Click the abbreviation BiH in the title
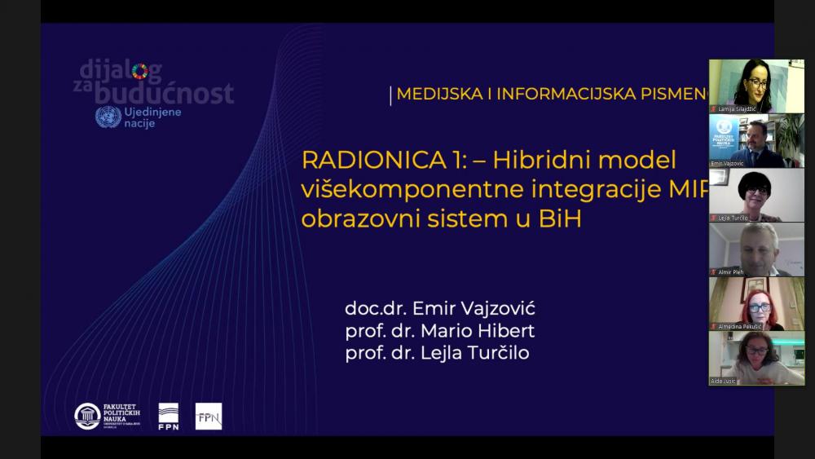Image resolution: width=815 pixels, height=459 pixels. pyautogui.click(x=559, y=219)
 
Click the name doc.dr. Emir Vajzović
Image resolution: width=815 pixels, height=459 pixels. pyautogui.click(x=440, y=309)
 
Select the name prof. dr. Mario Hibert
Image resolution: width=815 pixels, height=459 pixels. pyautogui.click(x=440, y=331)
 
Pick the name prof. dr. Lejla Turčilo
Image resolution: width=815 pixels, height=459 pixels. pyautogui.click(x=437, y=353)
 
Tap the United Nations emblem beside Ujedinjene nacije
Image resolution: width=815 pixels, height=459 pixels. pyautogui.click(x=108, y=117)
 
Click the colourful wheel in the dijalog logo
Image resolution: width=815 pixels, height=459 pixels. pyautogui.click(x=140, y=72)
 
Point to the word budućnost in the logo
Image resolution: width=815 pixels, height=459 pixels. pyautogui.click(x=164, y=94)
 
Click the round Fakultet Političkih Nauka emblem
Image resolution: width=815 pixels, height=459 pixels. pyautogui.click(x=87, y=416)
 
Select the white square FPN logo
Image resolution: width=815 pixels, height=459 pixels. pyautogui.click(x=209, y=416)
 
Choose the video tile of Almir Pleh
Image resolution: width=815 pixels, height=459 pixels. pyautogui.click(x=756, y=248)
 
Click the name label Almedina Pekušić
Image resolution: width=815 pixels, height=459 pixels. pyautogui.click(x=740, y=326)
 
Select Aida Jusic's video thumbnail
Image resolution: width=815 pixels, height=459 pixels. pyautogui.click(x=756, y=355)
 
